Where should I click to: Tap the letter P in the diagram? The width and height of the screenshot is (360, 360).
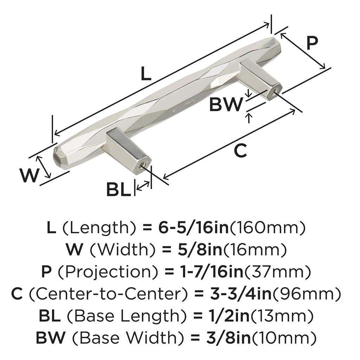coord(311,43)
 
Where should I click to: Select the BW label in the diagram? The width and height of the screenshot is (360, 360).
coord(226,104)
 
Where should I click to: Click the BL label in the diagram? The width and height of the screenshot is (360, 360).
coord(118,190)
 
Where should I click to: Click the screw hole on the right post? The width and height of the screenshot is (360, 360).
coord(273,94)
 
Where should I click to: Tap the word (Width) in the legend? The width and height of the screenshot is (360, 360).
coord(123,250)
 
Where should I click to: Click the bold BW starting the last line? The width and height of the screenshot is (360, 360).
coord(51,337)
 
